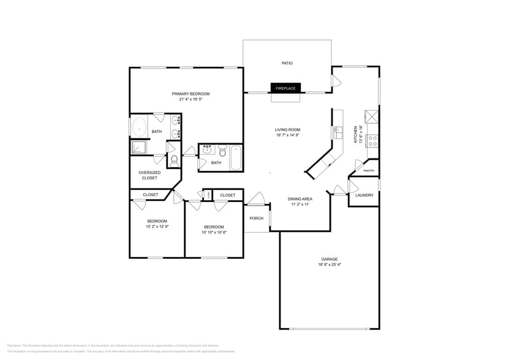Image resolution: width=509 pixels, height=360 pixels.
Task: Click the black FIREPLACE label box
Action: [x=285, y=88]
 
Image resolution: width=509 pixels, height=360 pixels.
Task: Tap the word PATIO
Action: [x=287, y=63]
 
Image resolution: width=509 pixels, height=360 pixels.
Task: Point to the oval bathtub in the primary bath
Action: [x=138, y=128]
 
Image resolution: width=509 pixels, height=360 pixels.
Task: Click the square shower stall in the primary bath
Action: [x=138, y=147]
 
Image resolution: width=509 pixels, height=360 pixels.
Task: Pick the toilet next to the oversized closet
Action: [x=175, y=160]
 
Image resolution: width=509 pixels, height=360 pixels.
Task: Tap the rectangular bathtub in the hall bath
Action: [x=236, y=157]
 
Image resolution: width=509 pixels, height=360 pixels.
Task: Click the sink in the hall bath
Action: [x=207, y=149]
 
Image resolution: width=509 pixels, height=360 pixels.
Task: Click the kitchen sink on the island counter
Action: [x=337, y=132]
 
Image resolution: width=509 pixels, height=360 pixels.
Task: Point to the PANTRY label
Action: [x=369, y=171]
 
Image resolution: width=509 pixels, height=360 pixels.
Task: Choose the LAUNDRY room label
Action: [x=364, y=195]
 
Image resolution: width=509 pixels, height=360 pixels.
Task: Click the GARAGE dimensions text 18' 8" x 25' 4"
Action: [x=330, y=265]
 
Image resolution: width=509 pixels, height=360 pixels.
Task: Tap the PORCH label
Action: [x=256, y=219]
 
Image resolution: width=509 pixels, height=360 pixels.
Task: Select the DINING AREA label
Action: [x=300, y=199]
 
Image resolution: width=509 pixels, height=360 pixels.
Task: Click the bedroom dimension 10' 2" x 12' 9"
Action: [x=157, y=227]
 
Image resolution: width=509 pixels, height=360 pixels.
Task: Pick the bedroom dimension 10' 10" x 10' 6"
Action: [x=214, y=232]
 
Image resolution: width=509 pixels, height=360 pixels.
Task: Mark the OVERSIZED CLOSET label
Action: [x=149, y=175]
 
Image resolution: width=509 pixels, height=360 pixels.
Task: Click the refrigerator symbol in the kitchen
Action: [x=372, y=116]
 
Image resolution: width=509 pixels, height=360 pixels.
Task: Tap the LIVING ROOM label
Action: [x=287, y=130]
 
